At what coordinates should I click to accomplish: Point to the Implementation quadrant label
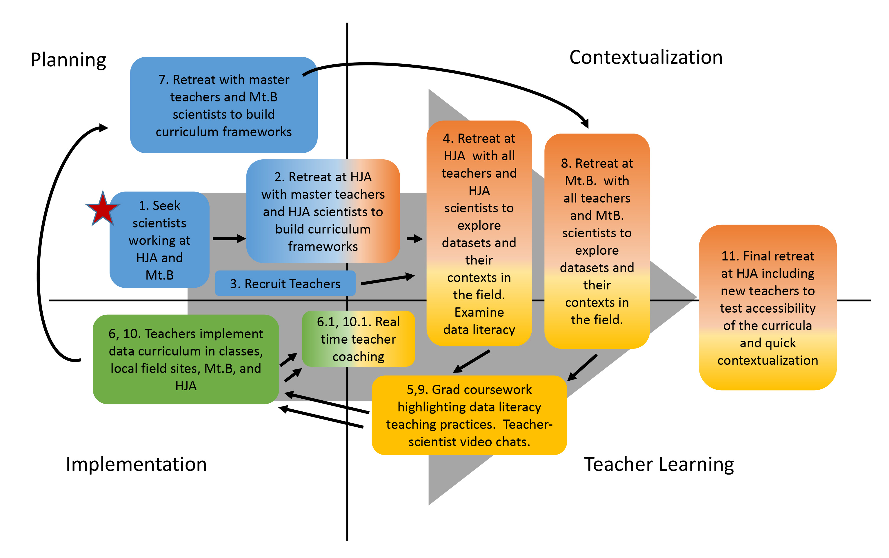[x=136, y=464]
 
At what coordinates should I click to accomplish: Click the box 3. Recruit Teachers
[x=285, y=283]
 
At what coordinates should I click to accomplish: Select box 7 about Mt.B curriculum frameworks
[x=224, y=105]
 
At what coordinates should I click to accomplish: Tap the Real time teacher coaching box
[x=358, y=339]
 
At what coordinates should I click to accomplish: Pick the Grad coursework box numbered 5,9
[x=469, y=415]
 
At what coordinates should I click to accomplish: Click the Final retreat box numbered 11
[x=768, y=307]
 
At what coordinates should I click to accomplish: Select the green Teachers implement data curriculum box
[x=186, y=359]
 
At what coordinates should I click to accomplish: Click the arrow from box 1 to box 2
[x=229, y=239]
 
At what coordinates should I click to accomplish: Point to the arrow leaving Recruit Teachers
[x=388, y=279]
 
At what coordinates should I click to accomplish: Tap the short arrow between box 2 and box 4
[x=414, y=239]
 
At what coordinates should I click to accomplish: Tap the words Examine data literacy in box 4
[x=479, y=321]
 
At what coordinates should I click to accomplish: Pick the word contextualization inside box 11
[x=768, y=360]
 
